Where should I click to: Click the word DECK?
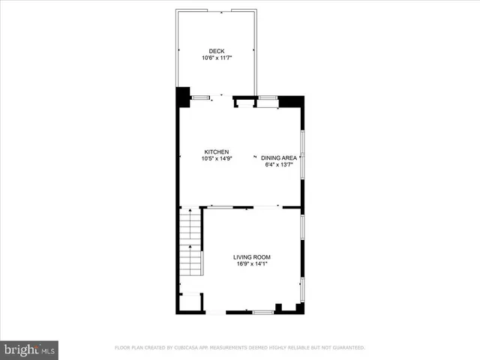tap(217, 51)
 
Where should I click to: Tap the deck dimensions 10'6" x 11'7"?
tap(217, 58)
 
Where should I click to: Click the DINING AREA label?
tap(279, 158)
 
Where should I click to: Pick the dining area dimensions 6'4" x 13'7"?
tap(278, 165)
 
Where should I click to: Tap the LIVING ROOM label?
tap(251, 257)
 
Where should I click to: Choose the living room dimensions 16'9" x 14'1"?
tap(251, 264)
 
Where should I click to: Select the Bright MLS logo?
tap(30, 349)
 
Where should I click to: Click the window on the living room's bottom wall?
tap(262, 311)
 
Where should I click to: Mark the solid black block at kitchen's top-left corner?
tap(182, 97)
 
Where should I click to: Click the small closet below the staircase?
tap(190, 301)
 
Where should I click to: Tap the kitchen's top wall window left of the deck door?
tap(200, 97)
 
